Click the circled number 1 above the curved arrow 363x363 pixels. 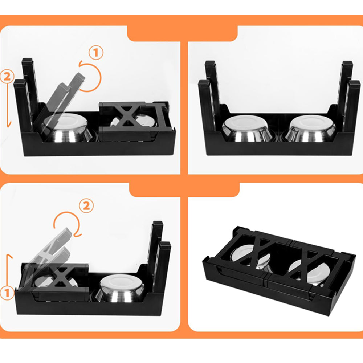tap(96, 53)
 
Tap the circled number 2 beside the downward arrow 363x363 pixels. tap(7, 77)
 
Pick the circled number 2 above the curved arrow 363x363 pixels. tap(86, 205)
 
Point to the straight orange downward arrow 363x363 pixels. tap(9, 104)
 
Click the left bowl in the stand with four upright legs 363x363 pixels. tap(246, 129)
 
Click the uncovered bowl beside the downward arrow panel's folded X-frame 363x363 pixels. tap(67, 128)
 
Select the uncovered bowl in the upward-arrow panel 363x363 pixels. tap(120, 289)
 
